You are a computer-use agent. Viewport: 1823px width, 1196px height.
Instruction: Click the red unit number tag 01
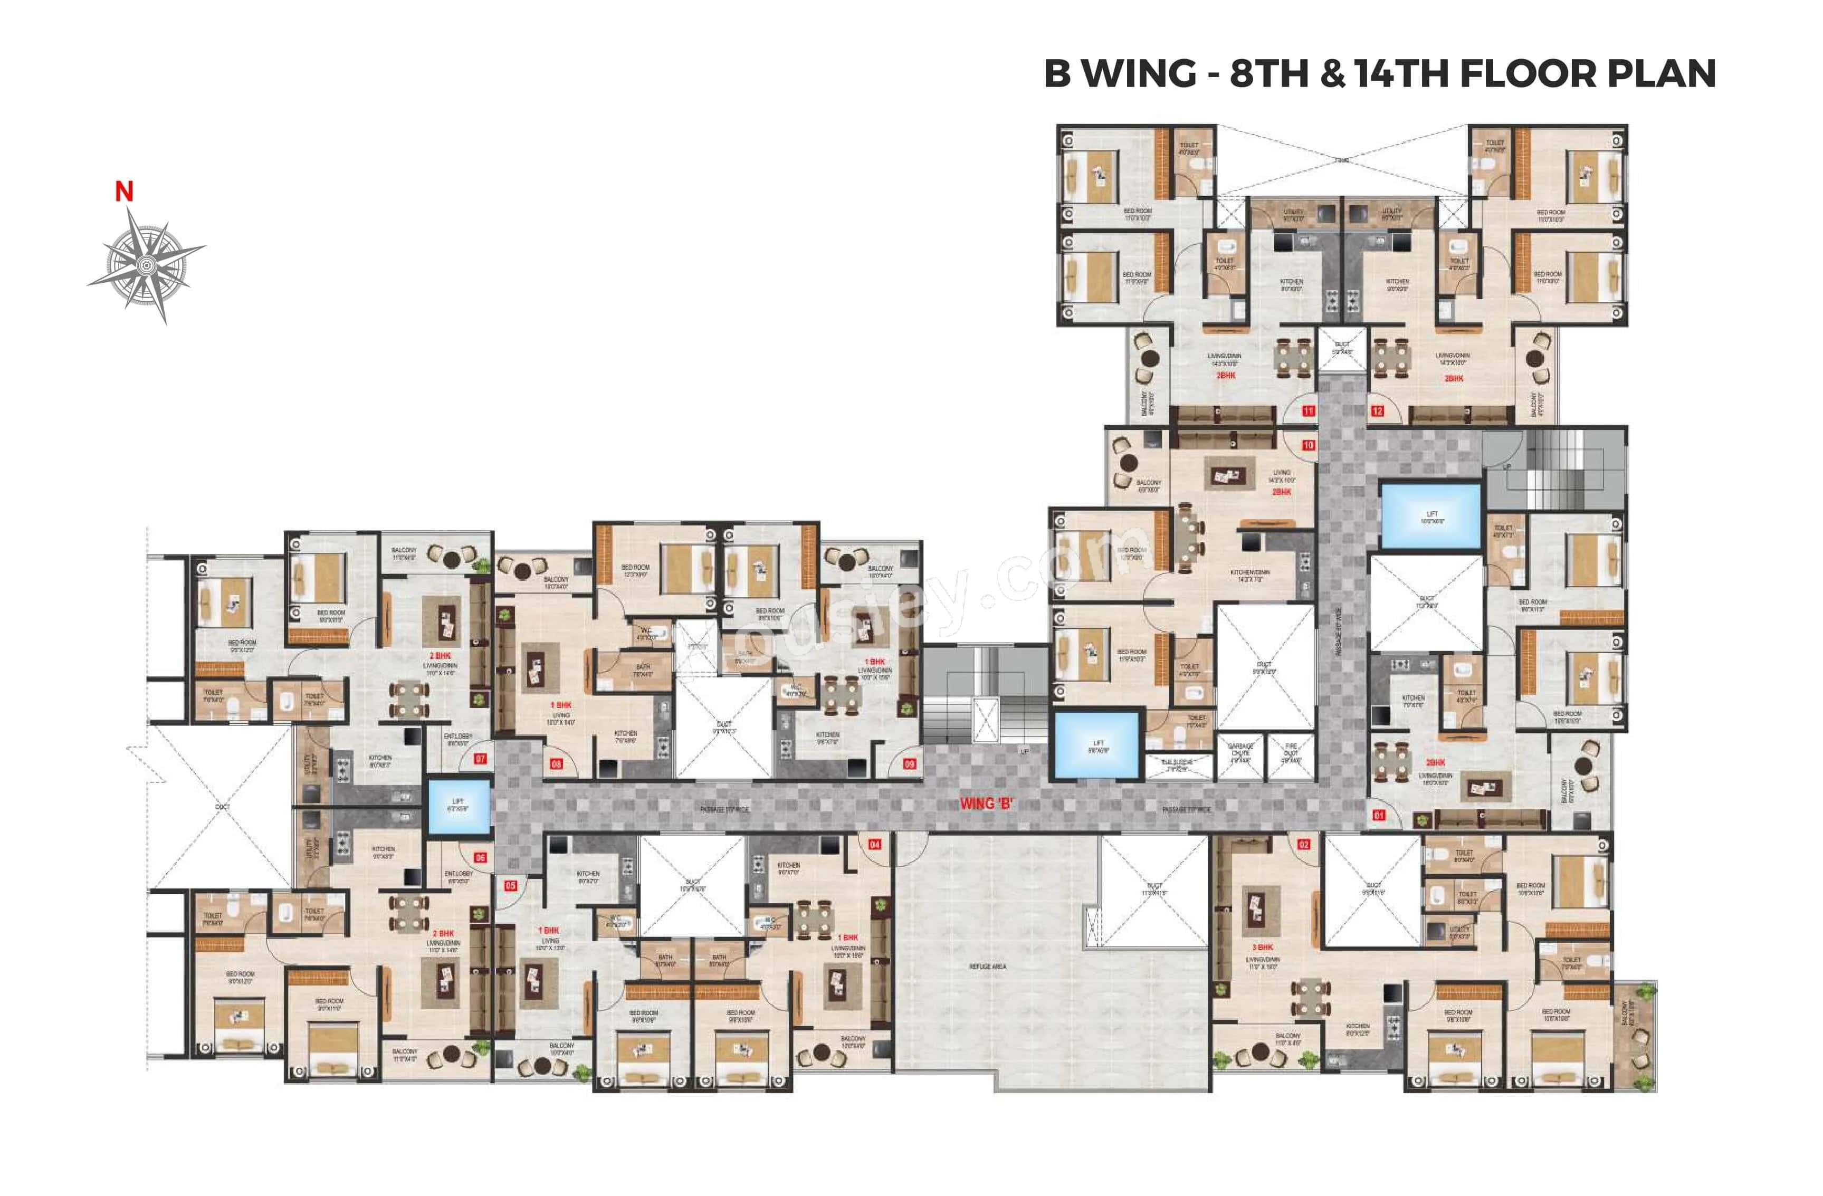click(x=1379, y=816)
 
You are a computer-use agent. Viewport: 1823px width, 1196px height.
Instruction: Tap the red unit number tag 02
click(x=1304, y=845)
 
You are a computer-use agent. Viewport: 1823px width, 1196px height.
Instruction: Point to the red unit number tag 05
click(x=510, y=885)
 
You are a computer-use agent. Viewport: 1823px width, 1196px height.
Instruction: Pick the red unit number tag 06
click(x=480, y=858)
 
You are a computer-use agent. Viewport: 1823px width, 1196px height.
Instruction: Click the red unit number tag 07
click(x=480, y=759)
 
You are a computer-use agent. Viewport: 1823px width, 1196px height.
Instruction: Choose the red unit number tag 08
click(x=556, y=763)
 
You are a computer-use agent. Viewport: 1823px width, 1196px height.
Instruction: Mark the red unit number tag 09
click(x=909, y=763)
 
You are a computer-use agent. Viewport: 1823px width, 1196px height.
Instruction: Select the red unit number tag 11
click(x=1308, y=411)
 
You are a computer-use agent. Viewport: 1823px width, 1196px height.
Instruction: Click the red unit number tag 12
click(x=1377, y=411)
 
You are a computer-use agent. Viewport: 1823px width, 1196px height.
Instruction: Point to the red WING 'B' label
click(x=987, y=803)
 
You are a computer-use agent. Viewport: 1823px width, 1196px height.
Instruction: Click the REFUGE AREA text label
click(x=987, y=967)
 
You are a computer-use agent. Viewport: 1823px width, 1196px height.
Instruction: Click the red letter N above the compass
click(x=124, y=192)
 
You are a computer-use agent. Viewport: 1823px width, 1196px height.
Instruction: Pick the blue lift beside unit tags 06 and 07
click(x=458, y=806)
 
